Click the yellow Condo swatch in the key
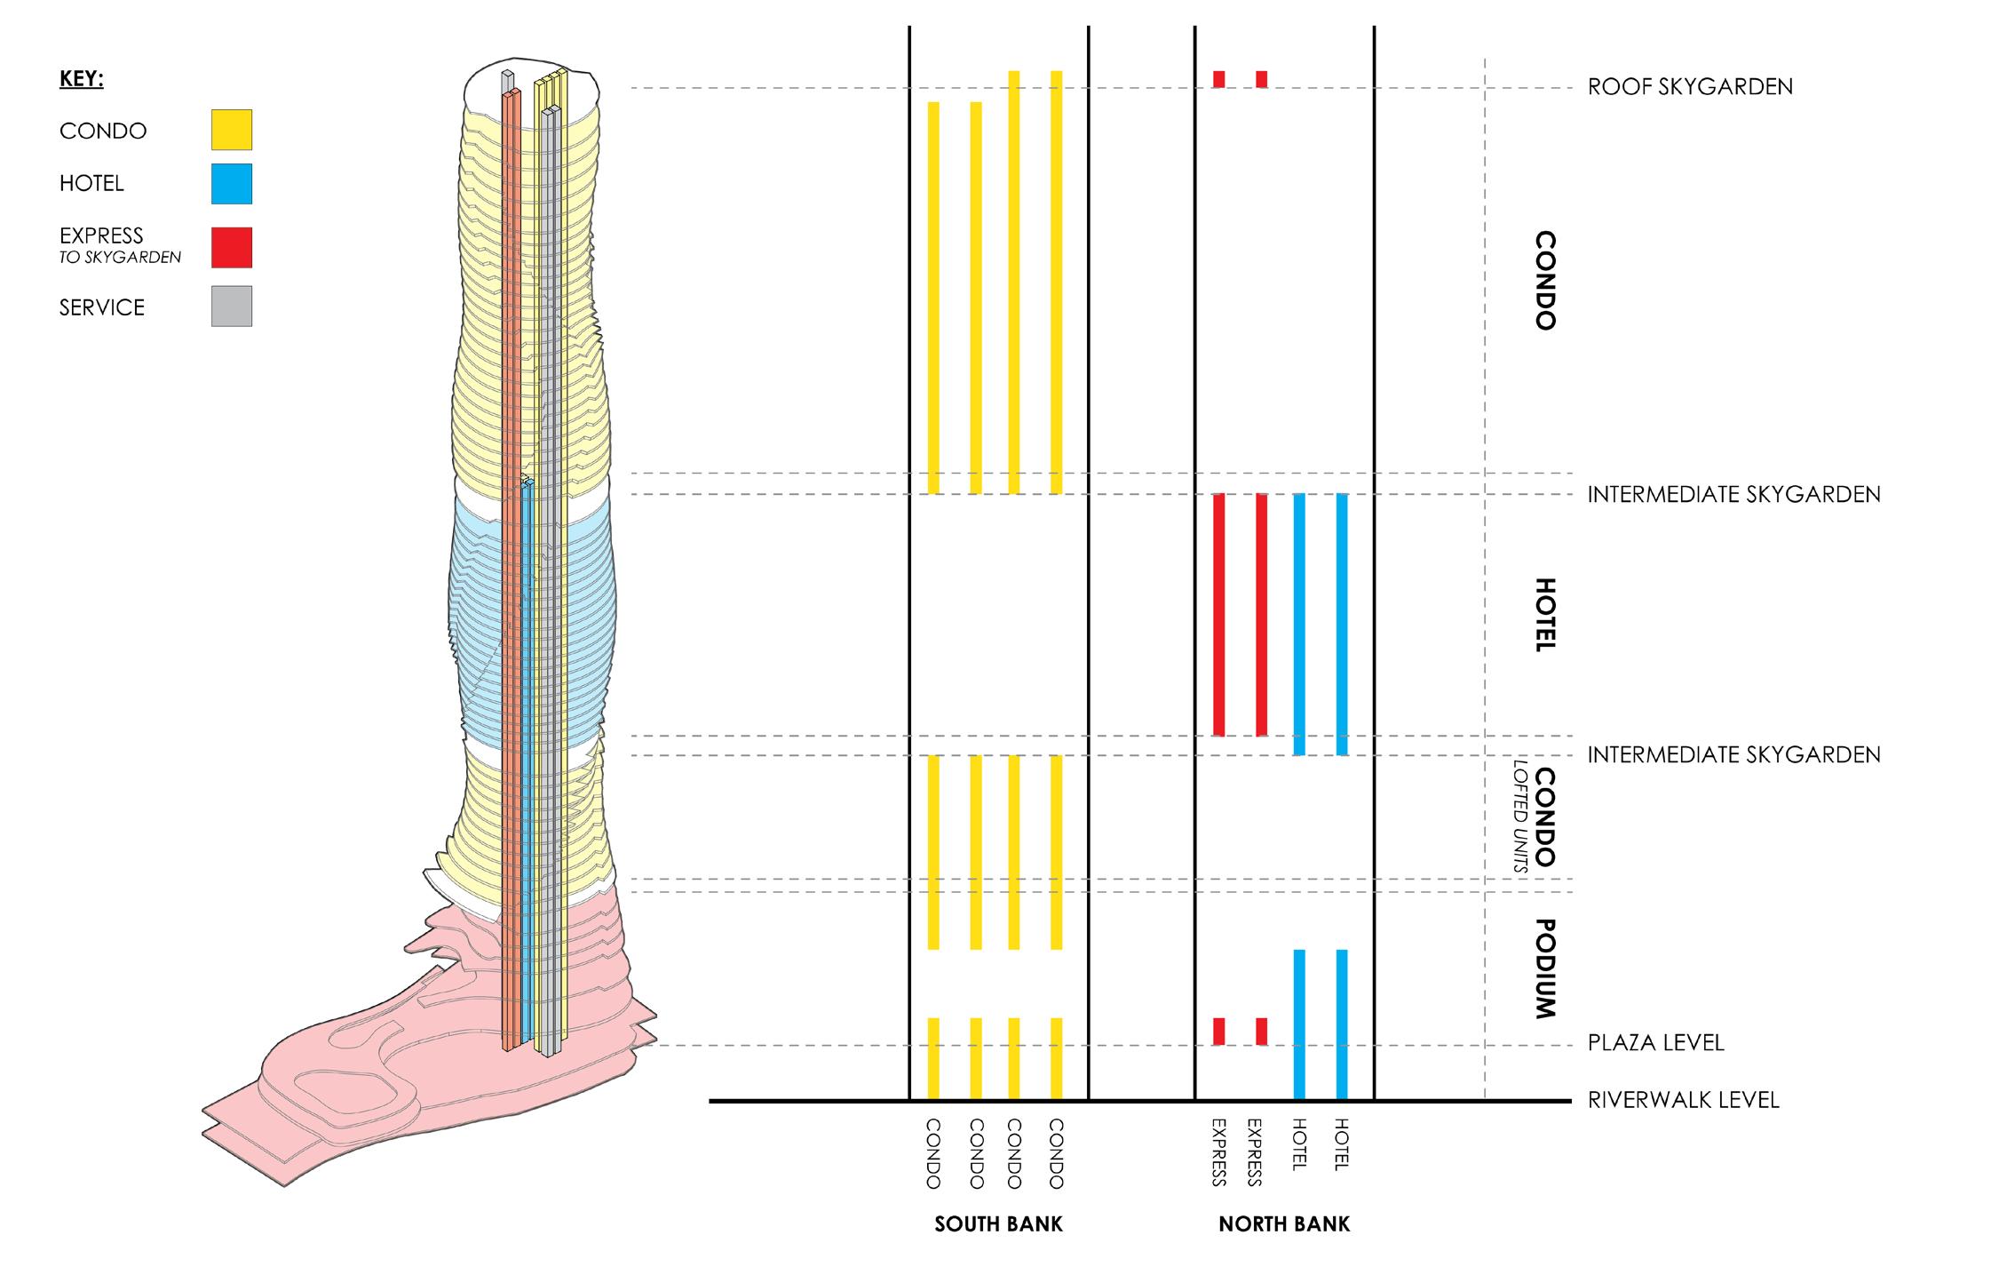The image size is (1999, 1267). click(231, 130)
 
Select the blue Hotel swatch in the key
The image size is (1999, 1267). click(231, 184)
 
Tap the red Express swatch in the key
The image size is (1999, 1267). click(231, 247)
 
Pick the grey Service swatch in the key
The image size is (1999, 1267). click(231, 306)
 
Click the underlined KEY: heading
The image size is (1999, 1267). click(82, 79)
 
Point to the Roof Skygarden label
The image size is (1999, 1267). click(1689, 87)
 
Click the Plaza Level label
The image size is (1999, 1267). click(1655, 1042)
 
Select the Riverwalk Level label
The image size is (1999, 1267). click(1683, 1100)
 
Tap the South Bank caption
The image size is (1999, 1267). click(998, 1224)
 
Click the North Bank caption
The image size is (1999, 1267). click(1283, 1224)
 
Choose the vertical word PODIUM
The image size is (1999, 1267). click(1545, 968)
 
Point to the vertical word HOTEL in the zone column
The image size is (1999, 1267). click(1545, 615)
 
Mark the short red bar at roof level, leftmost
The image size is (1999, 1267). click(1219, 79)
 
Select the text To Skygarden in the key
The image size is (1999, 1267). click(120, 258)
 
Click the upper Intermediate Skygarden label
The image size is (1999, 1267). click(1733, 494)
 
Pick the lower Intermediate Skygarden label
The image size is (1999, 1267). click(1733, 755)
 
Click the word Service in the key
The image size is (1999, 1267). click(101, 307)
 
